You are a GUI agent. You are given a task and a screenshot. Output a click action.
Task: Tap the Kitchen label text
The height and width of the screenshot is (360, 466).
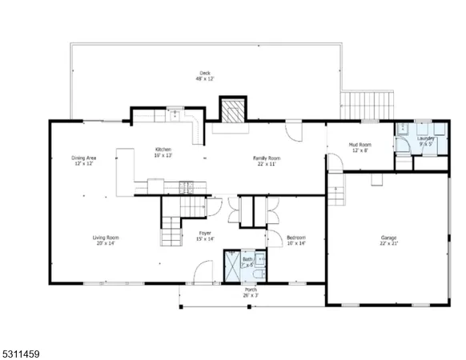pos(163,150)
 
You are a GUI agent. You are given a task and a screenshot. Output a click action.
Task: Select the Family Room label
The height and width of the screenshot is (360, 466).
pos(265,158)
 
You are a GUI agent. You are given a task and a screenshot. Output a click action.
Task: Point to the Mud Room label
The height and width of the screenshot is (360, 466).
pos(358,146)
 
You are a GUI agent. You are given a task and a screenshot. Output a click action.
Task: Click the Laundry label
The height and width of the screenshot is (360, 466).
pos(425,139)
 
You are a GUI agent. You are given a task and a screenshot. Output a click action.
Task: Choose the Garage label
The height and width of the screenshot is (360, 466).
pos(389,238)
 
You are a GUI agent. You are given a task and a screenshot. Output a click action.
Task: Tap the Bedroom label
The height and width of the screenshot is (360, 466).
pos(296,237)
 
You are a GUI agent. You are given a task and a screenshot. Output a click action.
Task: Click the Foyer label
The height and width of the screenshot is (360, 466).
pos(206,234)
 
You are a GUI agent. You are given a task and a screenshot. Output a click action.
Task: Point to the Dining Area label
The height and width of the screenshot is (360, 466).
pos(84,158)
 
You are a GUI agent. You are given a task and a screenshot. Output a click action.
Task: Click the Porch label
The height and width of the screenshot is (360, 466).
pos(251,290)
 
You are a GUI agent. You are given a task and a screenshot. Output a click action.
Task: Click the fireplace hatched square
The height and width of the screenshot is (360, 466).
pos(233,112)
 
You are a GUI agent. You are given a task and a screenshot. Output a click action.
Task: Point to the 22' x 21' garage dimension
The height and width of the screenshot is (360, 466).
pos(389,243)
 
